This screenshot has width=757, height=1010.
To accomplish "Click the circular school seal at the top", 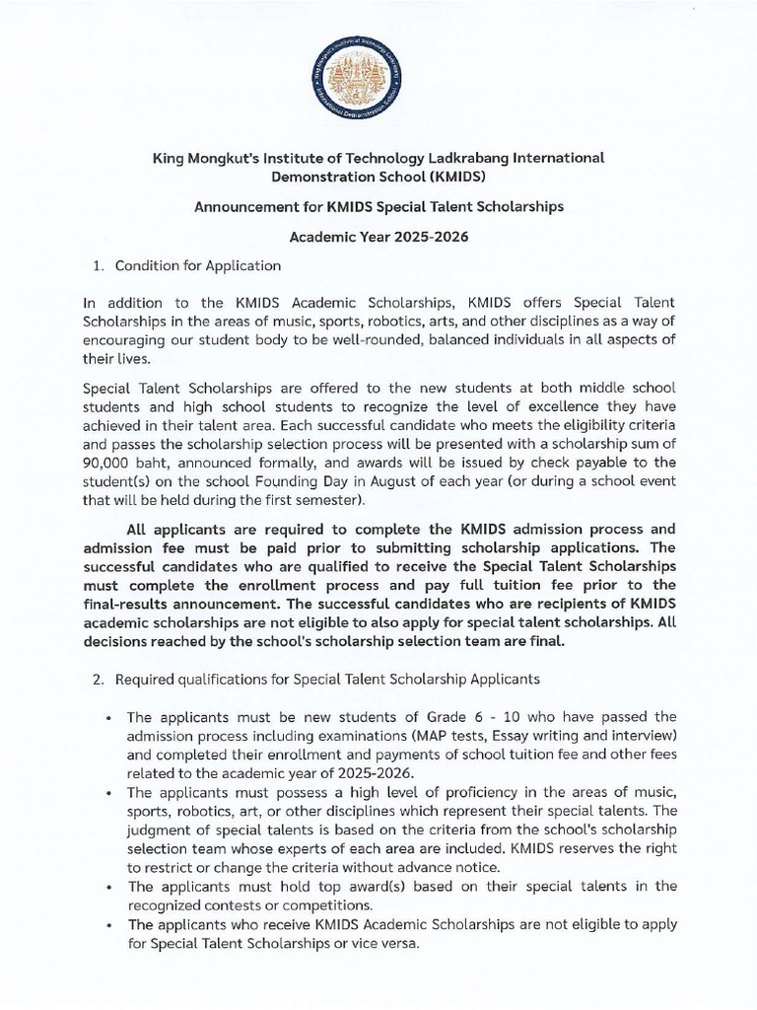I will tap(378, 79).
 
